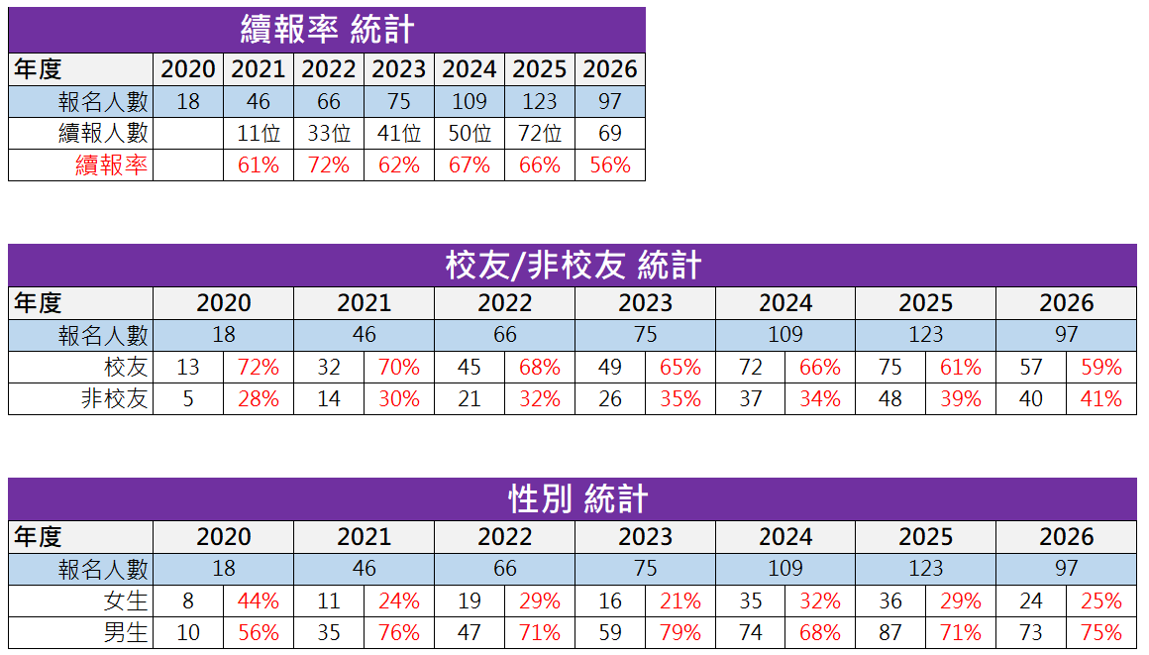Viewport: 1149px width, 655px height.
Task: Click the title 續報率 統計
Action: click(x=327, y=30)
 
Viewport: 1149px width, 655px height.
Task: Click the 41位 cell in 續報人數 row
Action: click(x=399, y=134)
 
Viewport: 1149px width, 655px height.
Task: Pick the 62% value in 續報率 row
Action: click(x=399, y=165)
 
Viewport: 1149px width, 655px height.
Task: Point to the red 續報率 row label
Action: click(x=112, y=165)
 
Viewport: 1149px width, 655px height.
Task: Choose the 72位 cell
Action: click(x=540, y=134)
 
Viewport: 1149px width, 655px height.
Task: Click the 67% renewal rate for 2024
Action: click(x=470, y=165)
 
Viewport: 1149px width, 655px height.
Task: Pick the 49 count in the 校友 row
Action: click(x=610, y=368)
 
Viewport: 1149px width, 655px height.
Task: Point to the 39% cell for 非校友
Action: click(x=961, y=399)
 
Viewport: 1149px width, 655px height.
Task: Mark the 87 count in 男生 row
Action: click(x=890, y=633)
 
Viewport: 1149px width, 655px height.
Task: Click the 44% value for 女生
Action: click(x=259, y=601)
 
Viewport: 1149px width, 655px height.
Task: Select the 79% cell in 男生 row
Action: click(x=679, y=633)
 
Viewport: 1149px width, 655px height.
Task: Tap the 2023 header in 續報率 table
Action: click(x=399, y=69)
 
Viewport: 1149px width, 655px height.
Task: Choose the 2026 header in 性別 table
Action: click(x=1066, y=537)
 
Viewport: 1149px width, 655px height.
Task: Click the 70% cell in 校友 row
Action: click(x=399, y=368)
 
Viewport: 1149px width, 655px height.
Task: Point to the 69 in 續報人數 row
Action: click(x=610, y=134)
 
